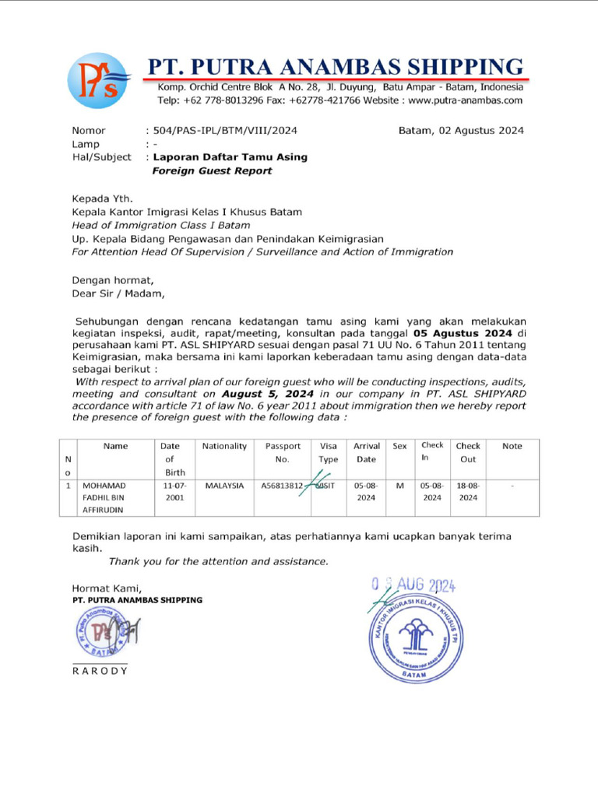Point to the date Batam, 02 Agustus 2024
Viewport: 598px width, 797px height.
(x=461, y=131)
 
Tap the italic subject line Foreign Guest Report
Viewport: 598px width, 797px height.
(x=212, y=170)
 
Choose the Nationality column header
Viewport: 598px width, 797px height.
(x=224, y=447)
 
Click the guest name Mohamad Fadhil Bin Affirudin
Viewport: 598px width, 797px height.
(x=104, y=497)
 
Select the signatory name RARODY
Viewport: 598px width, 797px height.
(x=99, y=671)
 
